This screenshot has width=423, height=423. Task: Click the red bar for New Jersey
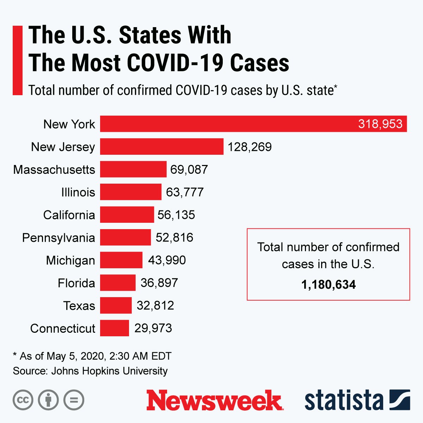161,147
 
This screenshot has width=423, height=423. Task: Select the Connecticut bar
115,328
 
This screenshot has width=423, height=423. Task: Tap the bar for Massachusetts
133,169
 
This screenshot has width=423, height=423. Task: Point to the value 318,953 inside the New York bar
380,124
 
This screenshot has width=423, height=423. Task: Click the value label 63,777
185,192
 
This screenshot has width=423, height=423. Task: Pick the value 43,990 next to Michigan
167,260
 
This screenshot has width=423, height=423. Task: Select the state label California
69,215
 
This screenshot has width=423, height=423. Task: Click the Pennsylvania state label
59,238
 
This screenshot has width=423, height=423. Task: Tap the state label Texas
79,306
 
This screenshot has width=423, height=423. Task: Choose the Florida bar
118,283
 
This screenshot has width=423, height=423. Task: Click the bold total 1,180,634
328,284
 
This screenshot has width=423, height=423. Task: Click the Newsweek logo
214,400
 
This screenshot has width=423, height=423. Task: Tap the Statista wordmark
344,400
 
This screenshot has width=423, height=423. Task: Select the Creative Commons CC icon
23,400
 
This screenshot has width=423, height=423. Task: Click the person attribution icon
48,400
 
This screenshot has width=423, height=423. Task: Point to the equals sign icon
74,400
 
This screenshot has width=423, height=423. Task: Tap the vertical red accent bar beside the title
17,60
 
